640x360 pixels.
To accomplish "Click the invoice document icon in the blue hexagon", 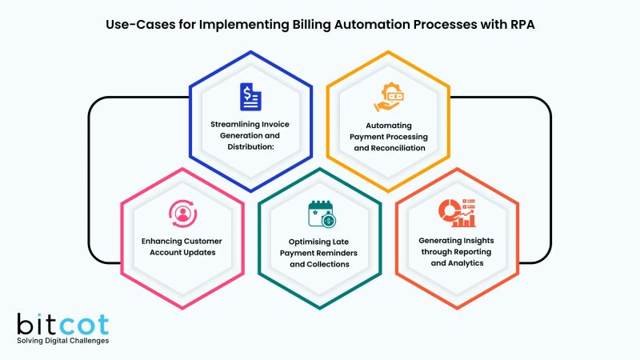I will [x=250, y=97].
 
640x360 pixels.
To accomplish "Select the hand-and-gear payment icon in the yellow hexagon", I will [x=390, y=98].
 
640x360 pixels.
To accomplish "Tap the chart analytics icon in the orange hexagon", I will [x=458, y=214].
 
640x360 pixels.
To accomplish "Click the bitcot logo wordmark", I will [x=62, y=324].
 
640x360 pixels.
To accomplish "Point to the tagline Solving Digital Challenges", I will [x=62, y=342].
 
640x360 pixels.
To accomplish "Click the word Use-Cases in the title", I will [x=135, y=24].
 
